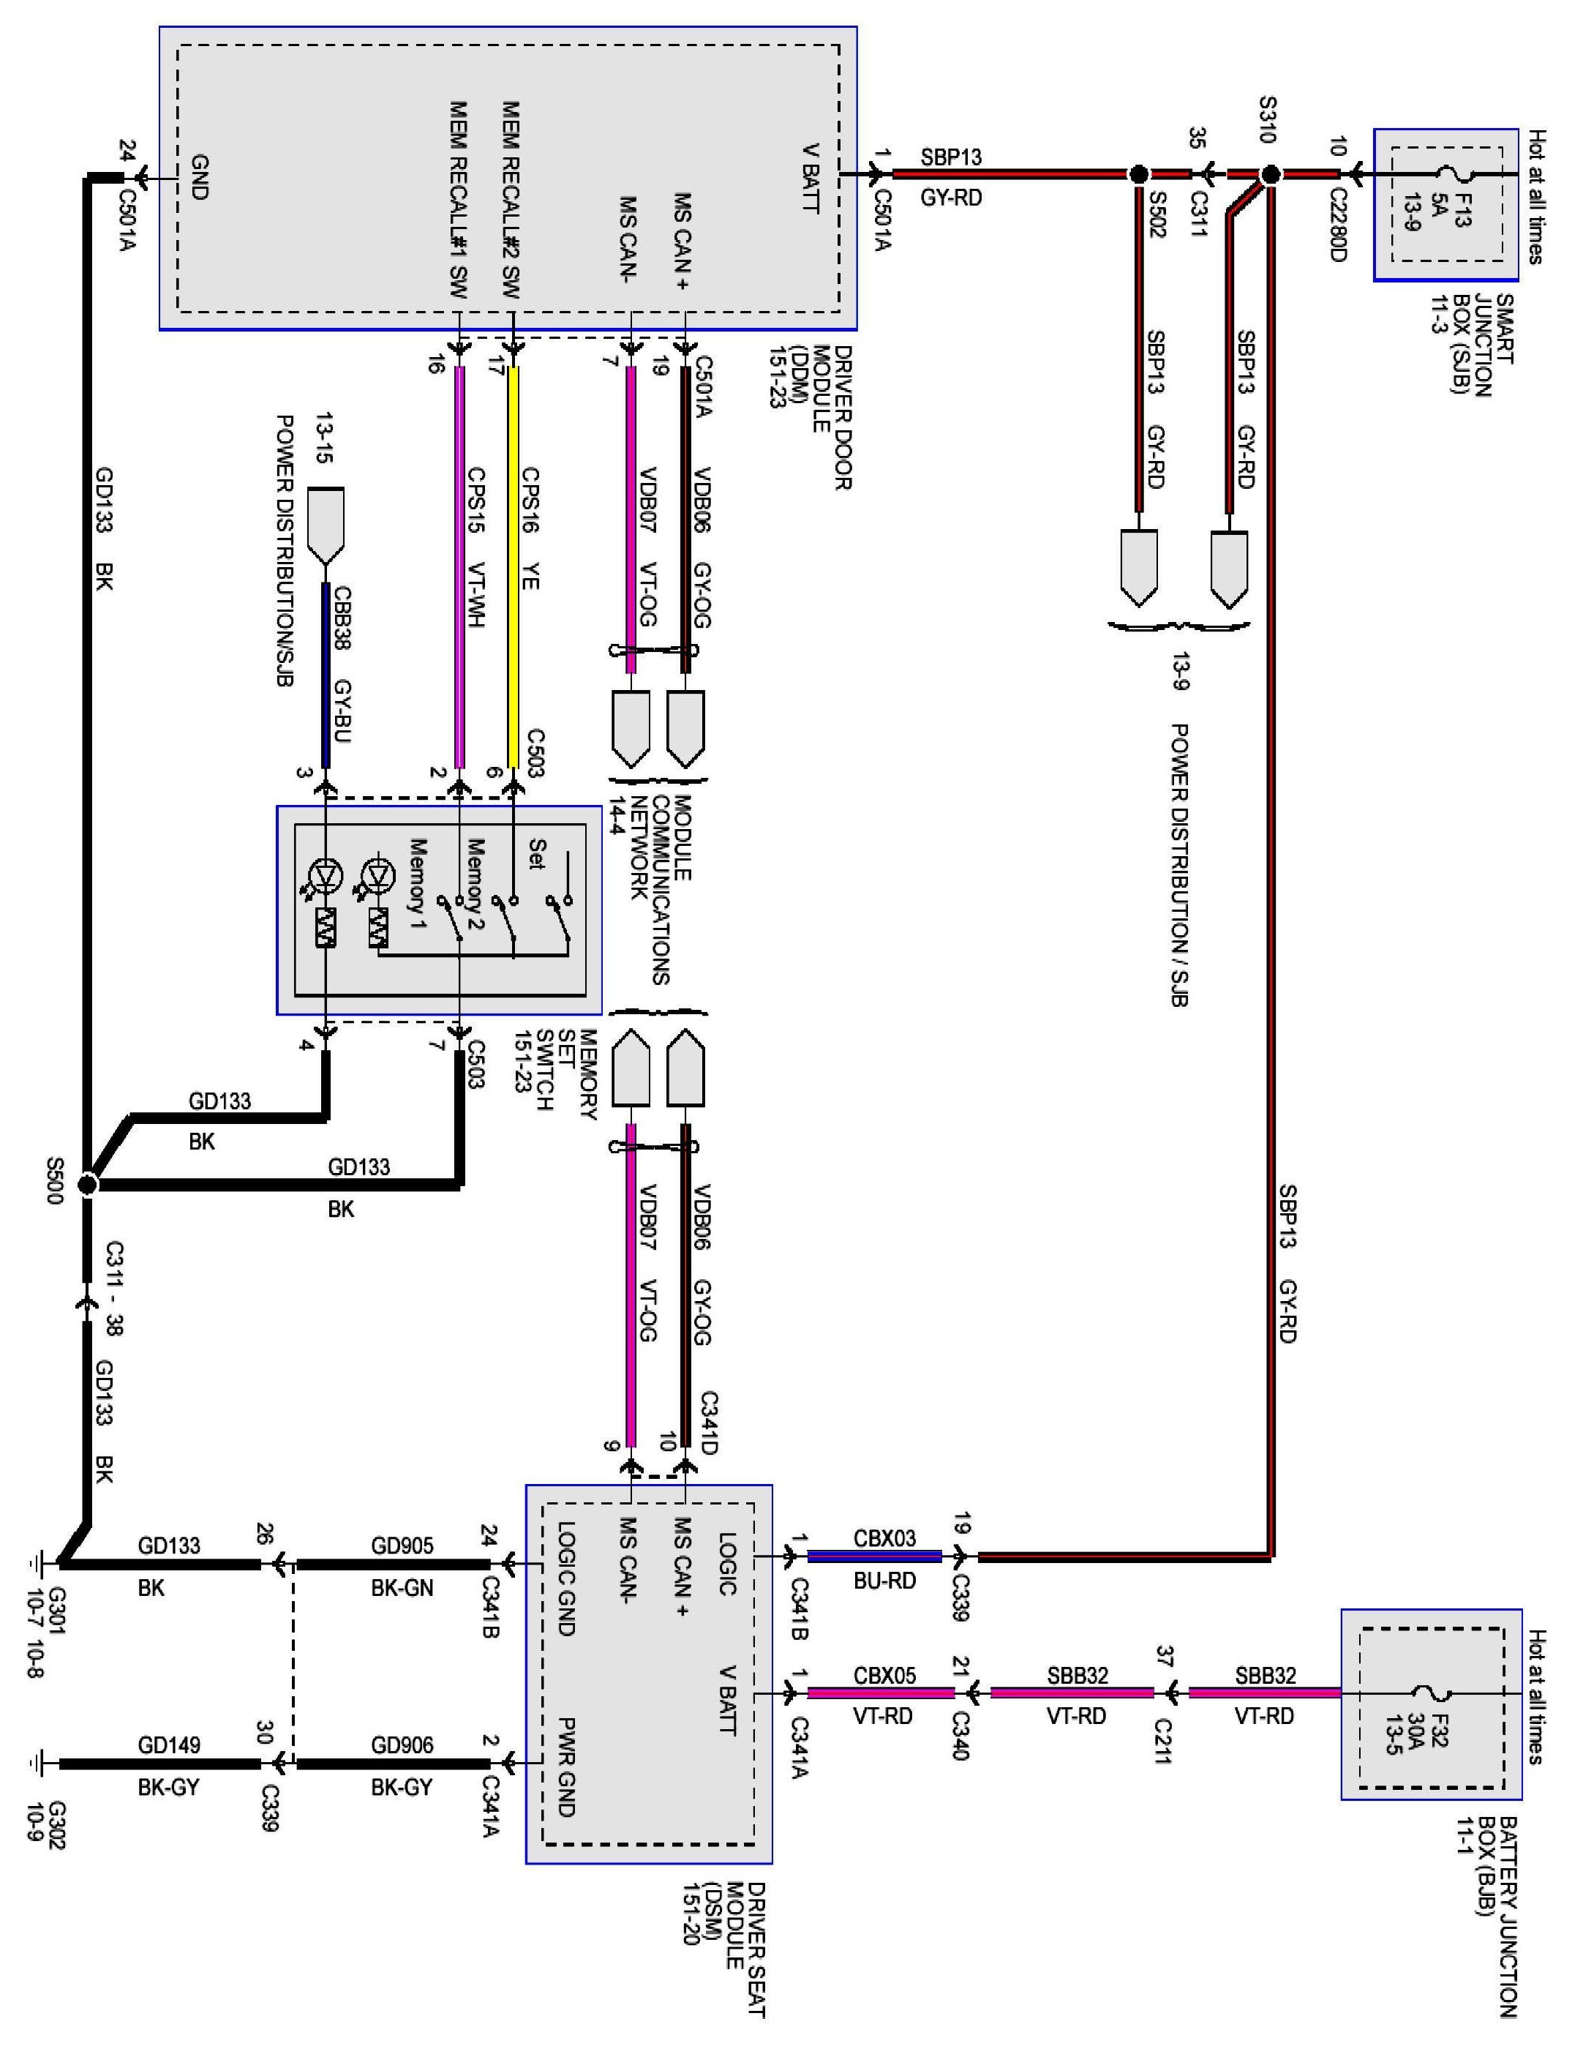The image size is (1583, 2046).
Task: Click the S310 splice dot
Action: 1270,174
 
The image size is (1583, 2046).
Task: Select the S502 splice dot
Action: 1138,174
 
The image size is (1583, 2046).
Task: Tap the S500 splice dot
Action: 87,1185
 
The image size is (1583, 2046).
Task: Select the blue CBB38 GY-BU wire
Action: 326,675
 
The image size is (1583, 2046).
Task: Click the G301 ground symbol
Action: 37,1562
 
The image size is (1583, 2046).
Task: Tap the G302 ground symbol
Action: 37,1763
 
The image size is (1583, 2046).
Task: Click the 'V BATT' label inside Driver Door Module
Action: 811,178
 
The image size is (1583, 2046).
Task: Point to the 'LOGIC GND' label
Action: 565,1578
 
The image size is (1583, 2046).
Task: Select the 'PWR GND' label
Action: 565,1766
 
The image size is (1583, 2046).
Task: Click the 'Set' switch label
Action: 535,852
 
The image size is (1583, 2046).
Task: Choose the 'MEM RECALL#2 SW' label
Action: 511,197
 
